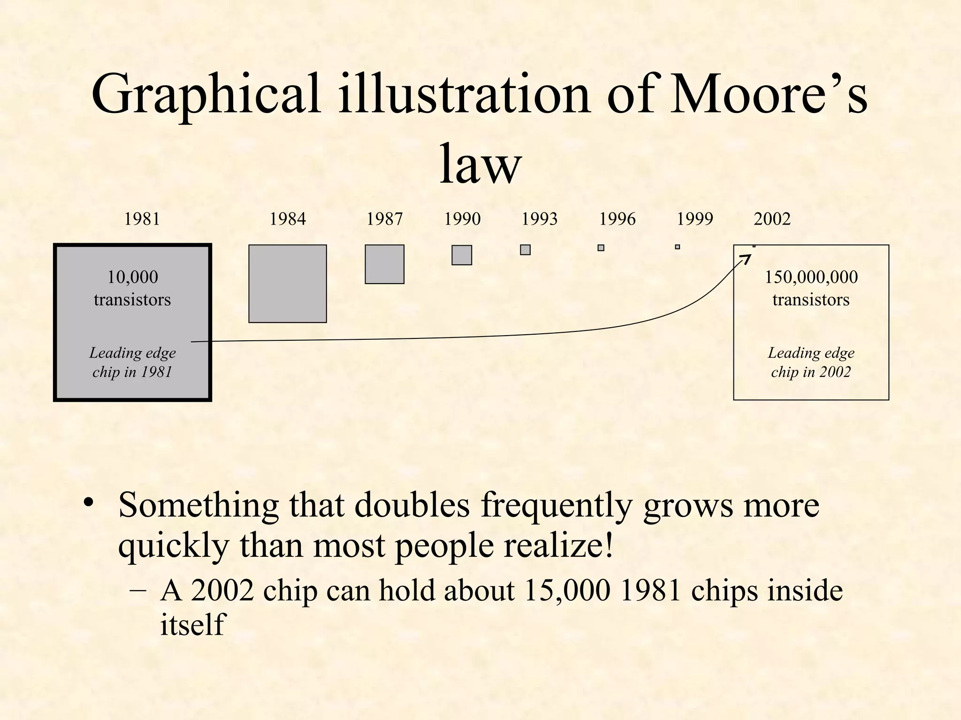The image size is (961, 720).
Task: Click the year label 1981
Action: tap(142, 219)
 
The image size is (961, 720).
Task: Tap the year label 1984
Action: tap(287, 219)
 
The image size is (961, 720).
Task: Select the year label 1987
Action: tap(384, 219)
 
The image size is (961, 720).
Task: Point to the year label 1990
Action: tap(462, 219)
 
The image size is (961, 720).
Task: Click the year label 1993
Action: tap(540, 219)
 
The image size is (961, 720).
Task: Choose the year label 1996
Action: tap(617, 219)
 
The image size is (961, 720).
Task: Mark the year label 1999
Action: tap(694, 219)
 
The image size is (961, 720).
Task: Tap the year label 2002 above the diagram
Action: tap(772, 219)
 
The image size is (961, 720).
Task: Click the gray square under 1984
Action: tap(287, 284)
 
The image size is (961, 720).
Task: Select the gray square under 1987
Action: tap(384, 264)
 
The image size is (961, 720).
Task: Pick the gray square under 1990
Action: tap(462, 255)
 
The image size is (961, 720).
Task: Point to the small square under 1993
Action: tap(525, 250)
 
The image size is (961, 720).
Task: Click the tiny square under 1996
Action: tap(601, 247)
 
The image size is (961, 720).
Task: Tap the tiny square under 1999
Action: tap(677, 247)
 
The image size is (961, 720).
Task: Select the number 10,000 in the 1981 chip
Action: tap(132, 277)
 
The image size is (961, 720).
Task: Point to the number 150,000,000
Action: tap(811, 277)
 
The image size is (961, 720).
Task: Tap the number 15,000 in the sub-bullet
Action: tap(567, 590)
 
